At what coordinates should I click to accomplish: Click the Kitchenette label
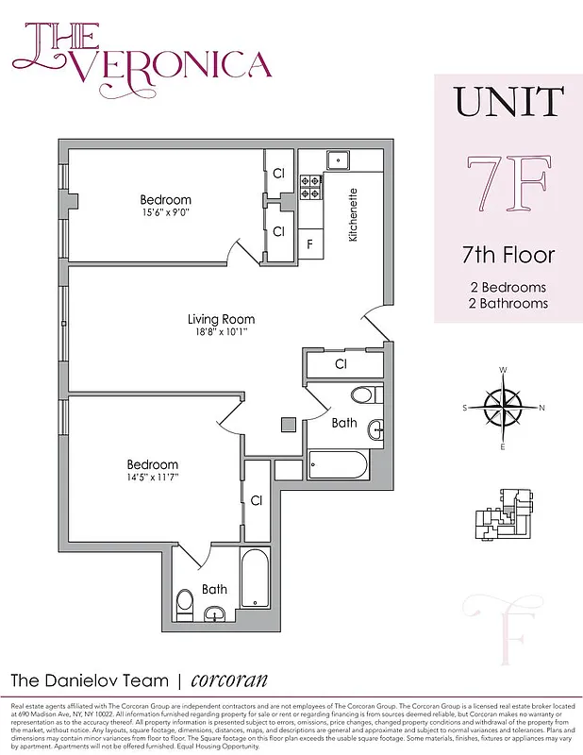click(353, 216)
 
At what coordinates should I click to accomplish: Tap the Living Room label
click(221, 319)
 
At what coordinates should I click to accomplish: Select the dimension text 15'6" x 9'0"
click(165, 214)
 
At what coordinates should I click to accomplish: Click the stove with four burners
click(311, 189)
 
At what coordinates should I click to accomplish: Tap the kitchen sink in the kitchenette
click(339, 159)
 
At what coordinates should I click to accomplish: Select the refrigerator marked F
click(309, 243)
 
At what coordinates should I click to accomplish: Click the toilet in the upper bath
click(363, 394)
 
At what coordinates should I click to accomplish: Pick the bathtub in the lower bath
click(256, 578)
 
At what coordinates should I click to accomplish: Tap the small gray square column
click(288, 425)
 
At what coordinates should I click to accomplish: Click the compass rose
click(504, 408)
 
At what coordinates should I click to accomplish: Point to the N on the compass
click(541, 408)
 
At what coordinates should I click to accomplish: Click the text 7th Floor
click(508, 255)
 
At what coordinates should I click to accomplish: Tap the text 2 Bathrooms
click(508, 303)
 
